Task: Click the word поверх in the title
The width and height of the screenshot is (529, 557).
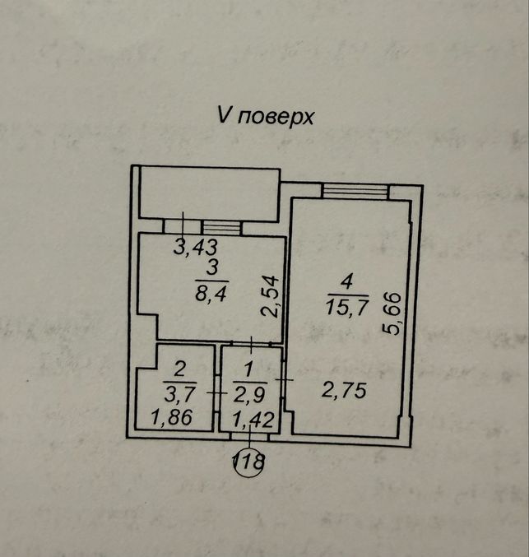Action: [276, 117]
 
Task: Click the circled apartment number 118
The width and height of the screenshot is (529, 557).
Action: [248, 462]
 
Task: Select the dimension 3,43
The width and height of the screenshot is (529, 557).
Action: [196, 247]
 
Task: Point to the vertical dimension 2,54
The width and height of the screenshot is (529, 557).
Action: [270, 297]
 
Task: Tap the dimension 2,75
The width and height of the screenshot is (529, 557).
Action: [344, 391]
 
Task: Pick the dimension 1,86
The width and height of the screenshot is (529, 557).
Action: [172, 417]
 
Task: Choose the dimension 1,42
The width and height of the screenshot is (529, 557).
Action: [253, 420]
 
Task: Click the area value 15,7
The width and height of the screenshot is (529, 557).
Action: [346, 307]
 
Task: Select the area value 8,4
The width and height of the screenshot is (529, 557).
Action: [211, 294]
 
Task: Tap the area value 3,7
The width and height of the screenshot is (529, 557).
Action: [180, 393]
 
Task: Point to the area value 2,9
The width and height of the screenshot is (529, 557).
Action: [249, 394]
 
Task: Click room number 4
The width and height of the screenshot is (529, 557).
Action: [346, 283]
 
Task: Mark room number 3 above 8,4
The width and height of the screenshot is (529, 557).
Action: [211, 268]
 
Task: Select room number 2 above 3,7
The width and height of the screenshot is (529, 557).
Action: [179, 369]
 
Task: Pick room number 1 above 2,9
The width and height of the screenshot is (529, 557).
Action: [248, 369]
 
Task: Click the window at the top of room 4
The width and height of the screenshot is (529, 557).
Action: [355, 191]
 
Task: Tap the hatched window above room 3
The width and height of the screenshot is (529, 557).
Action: [220, 227]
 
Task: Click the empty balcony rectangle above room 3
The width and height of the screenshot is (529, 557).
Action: [209, 193]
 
